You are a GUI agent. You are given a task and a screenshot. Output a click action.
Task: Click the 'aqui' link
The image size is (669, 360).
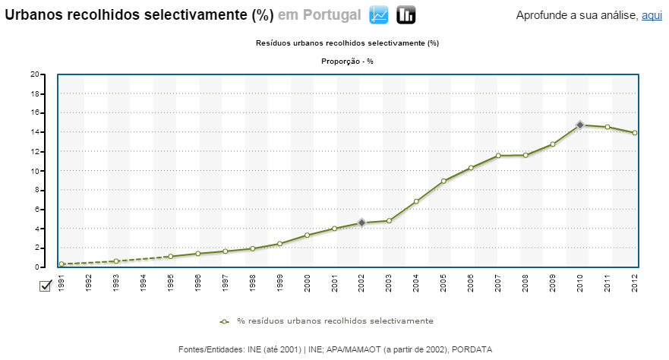(652, 15)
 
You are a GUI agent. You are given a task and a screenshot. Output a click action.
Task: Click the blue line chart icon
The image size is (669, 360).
(380, 14)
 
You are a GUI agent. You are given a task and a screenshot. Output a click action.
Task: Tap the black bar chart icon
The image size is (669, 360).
(406, 14)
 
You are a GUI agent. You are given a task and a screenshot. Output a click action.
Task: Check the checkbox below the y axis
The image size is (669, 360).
(45, 285)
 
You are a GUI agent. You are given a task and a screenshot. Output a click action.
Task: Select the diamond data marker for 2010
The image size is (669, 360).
(580, 125)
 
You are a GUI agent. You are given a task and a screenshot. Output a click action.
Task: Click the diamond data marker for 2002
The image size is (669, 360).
(361, 223)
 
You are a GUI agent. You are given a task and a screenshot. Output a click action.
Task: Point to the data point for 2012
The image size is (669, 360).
(635, 133)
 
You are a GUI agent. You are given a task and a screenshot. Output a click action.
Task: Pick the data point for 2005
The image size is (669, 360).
(443, 181)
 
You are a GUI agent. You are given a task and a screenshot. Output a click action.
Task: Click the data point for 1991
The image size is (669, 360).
(62, 264)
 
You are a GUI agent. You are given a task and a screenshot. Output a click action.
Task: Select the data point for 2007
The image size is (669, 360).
(498, 156)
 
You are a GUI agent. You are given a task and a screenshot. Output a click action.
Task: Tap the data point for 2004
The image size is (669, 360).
(416, 201)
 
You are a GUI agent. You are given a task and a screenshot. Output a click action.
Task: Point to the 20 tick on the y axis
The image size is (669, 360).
(34, 74)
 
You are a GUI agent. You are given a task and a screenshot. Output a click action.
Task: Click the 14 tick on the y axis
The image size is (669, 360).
(34, 132)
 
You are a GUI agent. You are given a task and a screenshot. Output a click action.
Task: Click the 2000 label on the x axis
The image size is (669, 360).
(308, 282)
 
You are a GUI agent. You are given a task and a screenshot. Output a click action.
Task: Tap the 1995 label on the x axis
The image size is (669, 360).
(171, 282)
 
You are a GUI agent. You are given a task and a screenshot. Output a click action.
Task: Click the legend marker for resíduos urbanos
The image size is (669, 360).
(225, 321)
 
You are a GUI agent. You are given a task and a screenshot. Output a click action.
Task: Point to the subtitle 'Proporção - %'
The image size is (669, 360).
(348, 62)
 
